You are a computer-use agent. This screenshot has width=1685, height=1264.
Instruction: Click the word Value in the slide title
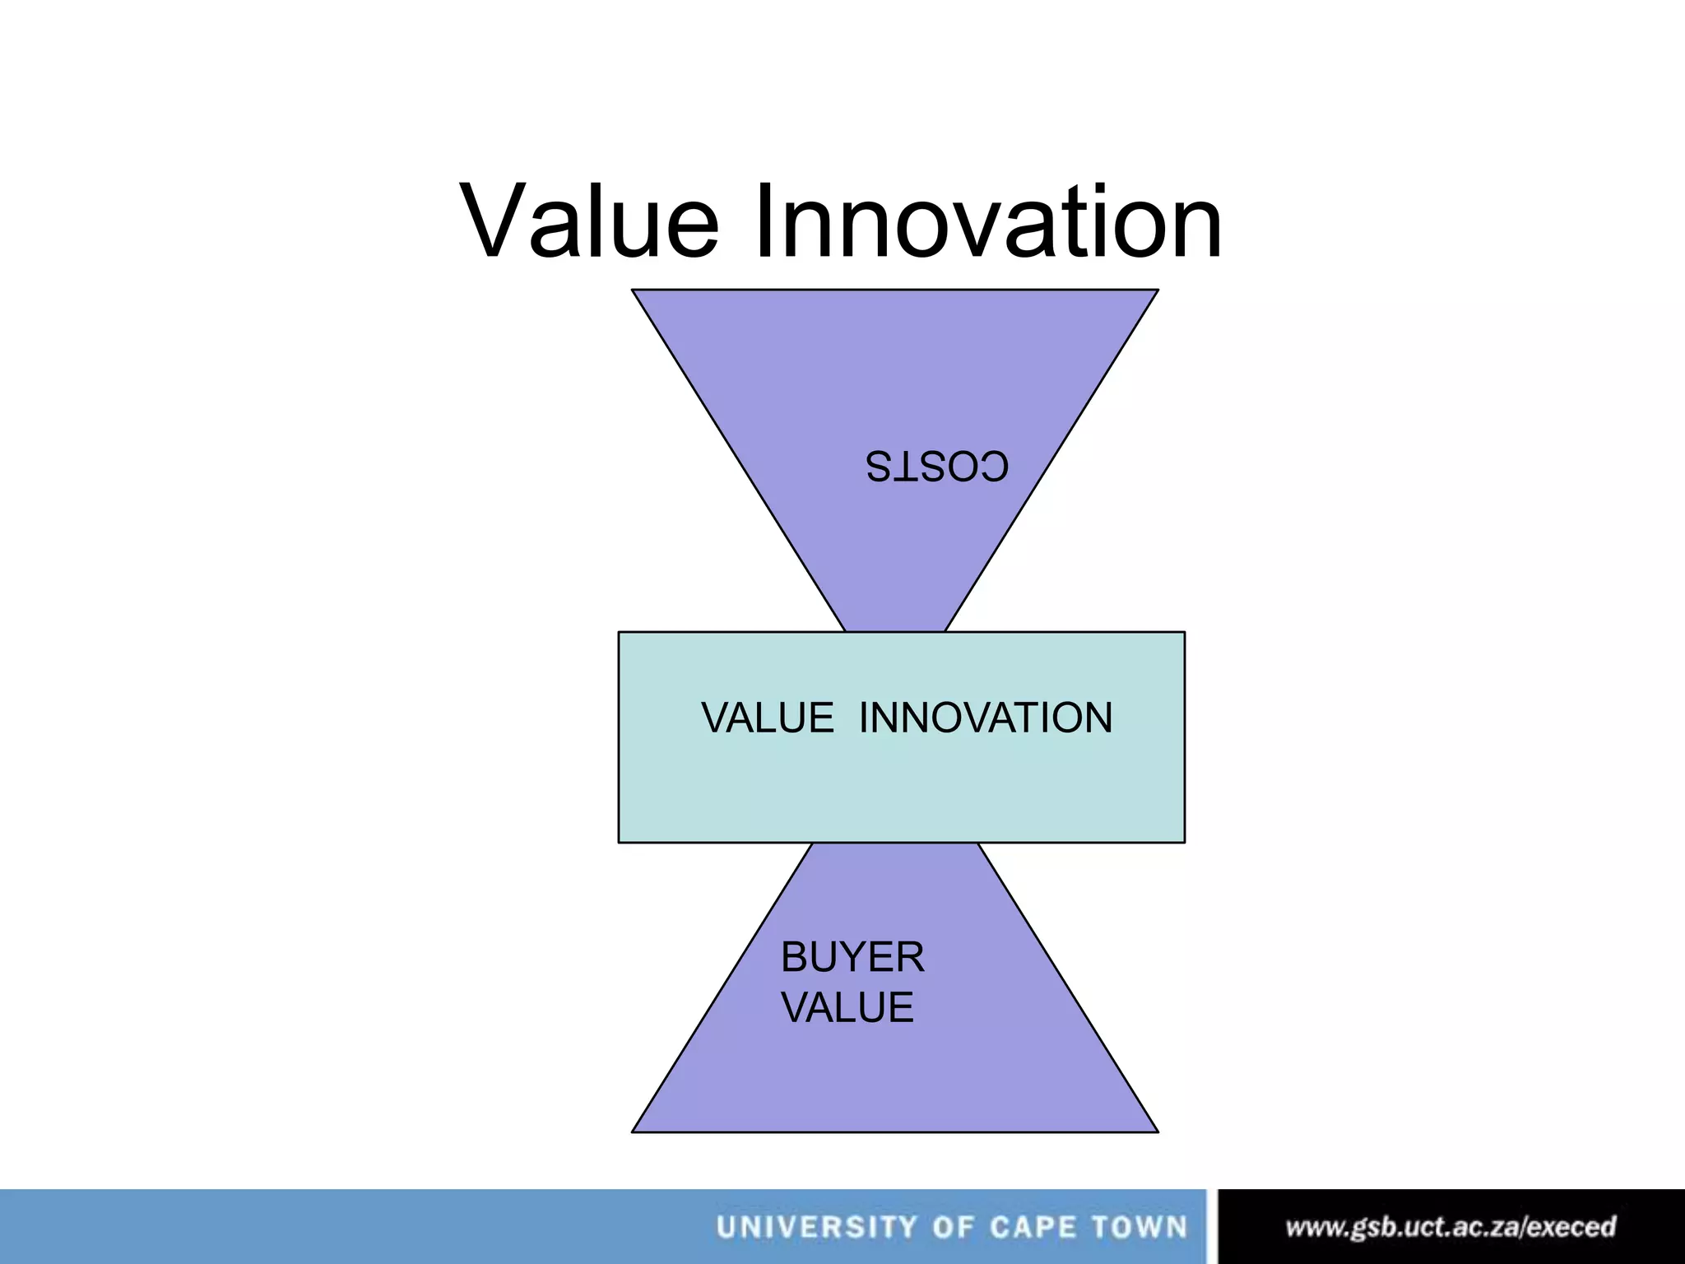pyautogui.click(x=590, y=222)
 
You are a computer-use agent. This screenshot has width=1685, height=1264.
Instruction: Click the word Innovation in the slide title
pyautogui.click(x=987, y=222)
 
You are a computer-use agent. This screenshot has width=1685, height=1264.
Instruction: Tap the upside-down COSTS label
pyautogui.click(x=936, y=467)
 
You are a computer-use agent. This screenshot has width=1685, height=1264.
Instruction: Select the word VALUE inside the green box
pyautogui.click(x=768, y=718)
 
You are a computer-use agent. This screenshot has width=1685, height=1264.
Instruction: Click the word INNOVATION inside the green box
pyautogui.click(x=986, y=718)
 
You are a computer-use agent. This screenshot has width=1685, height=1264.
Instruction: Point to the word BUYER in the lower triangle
pyautogui.click(x=852, y=958)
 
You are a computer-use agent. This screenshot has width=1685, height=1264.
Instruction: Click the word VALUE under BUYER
pyautogui.click(x=847, y=1008)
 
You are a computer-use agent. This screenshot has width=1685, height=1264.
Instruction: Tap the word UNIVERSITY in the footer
pyautogui.click(x=816, y=1228)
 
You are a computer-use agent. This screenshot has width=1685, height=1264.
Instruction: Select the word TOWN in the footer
pyautogui.click(x=1140, y=1228)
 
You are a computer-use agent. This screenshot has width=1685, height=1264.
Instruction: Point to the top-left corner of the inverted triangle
pyautogui.click(x=633, y=290)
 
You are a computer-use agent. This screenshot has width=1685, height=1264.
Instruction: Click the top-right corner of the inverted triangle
pyautogui.click(x=1158, y=290)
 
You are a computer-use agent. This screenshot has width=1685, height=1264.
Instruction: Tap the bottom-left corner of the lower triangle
pyautogui.click(x=633, y=1132)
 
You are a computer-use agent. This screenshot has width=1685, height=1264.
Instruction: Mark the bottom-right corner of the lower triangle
pyautogui.click(x=1158, y=1132)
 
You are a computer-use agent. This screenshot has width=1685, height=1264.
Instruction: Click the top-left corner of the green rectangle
pyautogui.click(x=620, y=633)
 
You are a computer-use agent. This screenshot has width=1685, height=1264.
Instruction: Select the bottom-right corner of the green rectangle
pyautogui.click(x=1184, y=842)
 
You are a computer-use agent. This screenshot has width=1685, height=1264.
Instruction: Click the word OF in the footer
pyautogui.click(x=953, y=1228)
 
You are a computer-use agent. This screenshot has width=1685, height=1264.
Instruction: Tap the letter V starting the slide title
pyautogui.click(x=494, y=222)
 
